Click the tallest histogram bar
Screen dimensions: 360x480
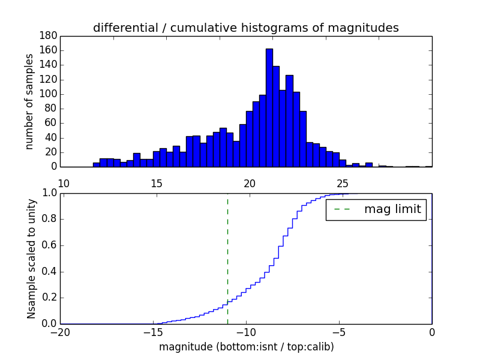tap(269, 108)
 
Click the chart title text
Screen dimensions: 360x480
tap(245, 28)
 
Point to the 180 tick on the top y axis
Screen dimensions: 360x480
tap(49, 36)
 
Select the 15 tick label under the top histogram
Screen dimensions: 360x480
tap(157, 184)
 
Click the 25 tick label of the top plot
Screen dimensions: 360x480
tap(343, 184)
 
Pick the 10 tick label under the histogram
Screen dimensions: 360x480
tap(64, 184)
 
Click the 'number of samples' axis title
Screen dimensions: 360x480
tap(29, 101)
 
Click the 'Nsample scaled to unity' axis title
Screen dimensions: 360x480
tap(31, 258)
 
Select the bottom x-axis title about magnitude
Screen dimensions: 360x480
tap(246, 347)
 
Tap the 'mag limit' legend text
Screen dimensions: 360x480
tap(392, 209)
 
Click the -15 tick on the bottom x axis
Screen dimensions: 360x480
tap(153, 331)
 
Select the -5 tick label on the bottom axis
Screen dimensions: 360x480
tap(339, 331)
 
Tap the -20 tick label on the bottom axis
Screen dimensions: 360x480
tap(60, 331)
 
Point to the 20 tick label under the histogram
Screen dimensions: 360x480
tap(250, 184)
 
